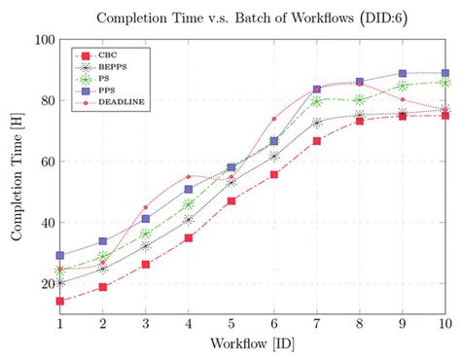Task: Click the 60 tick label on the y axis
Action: click(45, 162)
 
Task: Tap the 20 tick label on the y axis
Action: click(45, 284)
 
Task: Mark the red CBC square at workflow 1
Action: click(60, 302)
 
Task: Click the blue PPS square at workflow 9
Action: click(403, 74)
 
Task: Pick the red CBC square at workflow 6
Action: click(274, 175)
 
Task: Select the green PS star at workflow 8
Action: click(360, 100)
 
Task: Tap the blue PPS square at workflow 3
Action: click(146, 219)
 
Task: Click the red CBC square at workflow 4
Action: click(189, 238)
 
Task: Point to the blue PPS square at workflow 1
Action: click(60, 256)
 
